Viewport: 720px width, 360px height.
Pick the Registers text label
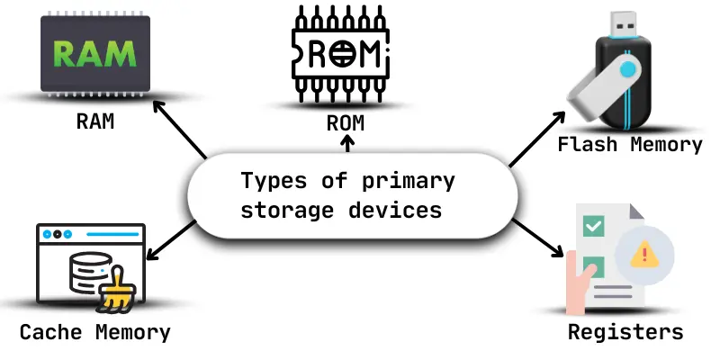(625, 332)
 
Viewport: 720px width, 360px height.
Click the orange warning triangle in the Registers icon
(643, 255)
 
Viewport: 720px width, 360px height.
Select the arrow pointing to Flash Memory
(537, 139)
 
